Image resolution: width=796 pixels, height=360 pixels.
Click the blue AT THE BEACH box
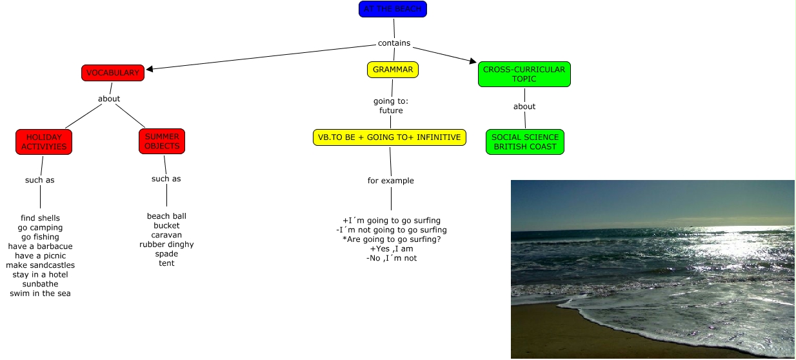click(392, 9)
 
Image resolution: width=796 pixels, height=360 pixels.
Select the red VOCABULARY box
click(112, 73)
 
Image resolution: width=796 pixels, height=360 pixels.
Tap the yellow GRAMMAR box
click(393, 70)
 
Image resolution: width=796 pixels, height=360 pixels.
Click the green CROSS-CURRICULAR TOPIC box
click(524, 74)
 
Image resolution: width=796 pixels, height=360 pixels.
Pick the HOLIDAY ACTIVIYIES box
click(44, 142)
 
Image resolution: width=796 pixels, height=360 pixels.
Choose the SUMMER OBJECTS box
click(162, 141)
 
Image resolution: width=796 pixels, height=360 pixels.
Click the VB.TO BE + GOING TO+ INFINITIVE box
click(389, 137)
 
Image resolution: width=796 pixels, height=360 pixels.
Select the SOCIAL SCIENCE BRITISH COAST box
click(525, 142)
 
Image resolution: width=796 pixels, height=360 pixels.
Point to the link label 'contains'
click(393, 43)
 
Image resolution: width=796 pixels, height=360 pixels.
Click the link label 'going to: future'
click(391, 106)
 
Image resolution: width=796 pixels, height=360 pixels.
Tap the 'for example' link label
click(390, 181)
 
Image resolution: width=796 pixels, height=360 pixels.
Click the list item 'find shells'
click(40, 218)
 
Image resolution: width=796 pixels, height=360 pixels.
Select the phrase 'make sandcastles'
click(40, 265)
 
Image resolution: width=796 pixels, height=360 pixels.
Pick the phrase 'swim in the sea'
click(40, 294)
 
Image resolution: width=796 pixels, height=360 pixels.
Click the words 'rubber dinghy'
click(166, 245)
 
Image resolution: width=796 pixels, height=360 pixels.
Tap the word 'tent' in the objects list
click(166, 263)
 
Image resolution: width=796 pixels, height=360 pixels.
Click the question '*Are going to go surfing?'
click(391, 239)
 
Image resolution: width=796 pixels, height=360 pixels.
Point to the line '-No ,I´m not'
click(391, 258)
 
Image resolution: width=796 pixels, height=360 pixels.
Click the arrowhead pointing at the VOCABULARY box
click(150, 68)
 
